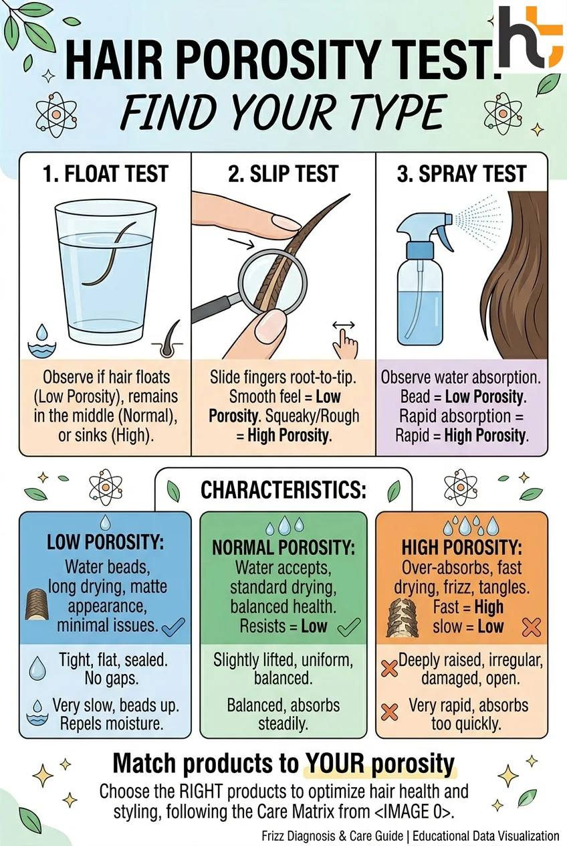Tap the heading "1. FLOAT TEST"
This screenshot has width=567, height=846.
click(105, 175)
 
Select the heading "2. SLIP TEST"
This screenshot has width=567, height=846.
click(283, 175)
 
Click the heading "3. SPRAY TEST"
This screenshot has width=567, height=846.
click(461, 175)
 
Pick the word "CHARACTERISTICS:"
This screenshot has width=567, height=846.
click(283, 491)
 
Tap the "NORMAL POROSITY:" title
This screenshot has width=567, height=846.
click(283, 547)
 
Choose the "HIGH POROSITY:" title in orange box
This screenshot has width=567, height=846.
click(461, 547)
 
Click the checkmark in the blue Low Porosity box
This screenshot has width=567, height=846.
click(174, 627)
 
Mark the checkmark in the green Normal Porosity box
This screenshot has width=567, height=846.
click(349, 627)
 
